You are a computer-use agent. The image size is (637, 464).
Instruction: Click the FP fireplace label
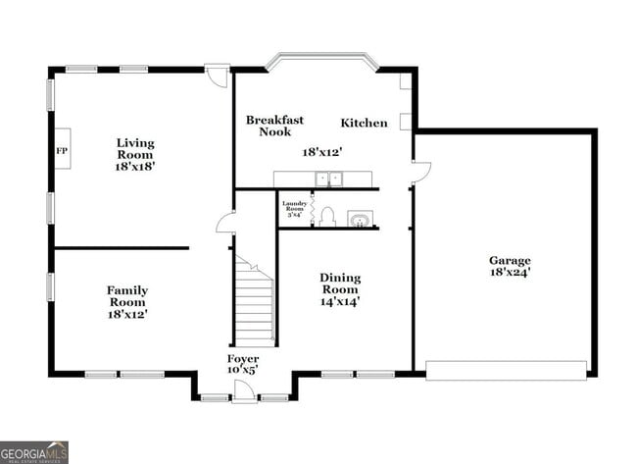(61, 151)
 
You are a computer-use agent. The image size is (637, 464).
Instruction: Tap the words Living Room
(135, 148)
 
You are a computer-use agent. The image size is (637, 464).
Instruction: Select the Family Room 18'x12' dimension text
(127, 315)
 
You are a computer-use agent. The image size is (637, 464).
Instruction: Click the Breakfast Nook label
(274, 126)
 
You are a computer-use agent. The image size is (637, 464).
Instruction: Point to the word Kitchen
(364, 124)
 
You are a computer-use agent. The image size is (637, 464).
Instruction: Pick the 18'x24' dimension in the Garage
(511, 273)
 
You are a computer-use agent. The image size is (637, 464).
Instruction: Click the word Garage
(511, 260)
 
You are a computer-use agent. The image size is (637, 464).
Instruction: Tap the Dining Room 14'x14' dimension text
(340, 302)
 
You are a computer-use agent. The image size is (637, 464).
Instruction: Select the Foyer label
(244, 359)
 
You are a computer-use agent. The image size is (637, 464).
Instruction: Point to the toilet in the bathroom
(327, 218)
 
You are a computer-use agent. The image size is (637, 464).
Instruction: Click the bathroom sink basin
(362, 219)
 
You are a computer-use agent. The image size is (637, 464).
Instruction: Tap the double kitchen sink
(328, 179)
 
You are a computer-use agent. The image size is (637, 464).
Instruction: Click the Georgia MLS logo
(34, 451)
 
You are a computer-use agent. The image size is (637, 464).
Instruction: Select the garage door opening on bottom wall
(506, 371)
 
